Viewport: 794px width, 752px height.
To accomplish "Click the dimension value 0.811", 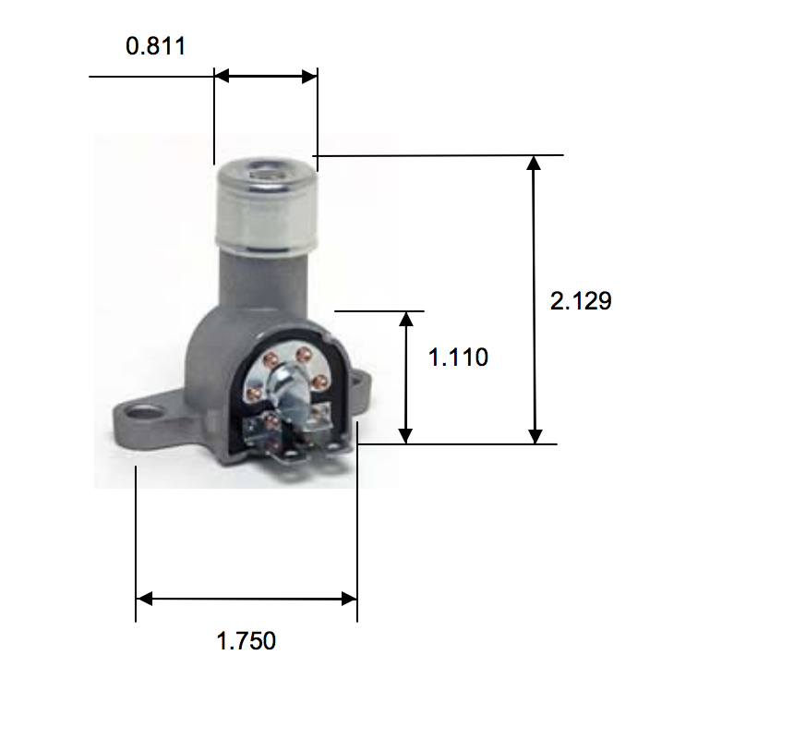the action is coord(156,46).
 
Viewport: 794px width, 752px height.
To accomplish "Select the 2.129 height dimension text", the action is coord(581,301).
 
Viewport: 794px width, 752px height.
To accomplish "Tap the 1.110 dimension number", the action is coord(458,358).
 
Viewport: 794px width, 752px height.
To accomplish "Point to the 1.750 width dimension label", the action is coord(247,640).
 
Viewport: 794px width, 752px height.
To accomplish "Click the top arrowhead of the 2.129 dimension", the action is coord(534,163).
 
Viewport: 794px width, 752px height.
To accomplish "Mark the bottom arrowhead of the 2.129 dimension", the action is coord(535,436).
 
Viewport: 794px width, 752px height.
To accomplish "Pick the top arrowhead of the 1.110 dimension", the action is coord(406,319).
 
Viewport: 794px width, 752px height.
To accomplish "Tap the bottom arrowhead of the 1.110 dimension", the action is coord(405,436).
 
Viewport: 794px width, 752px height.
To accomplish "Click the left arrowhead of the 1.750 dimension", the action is coord(144,599).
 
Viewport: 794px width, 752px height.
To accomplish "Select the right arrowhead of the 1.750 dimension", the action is coord(349,599).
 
